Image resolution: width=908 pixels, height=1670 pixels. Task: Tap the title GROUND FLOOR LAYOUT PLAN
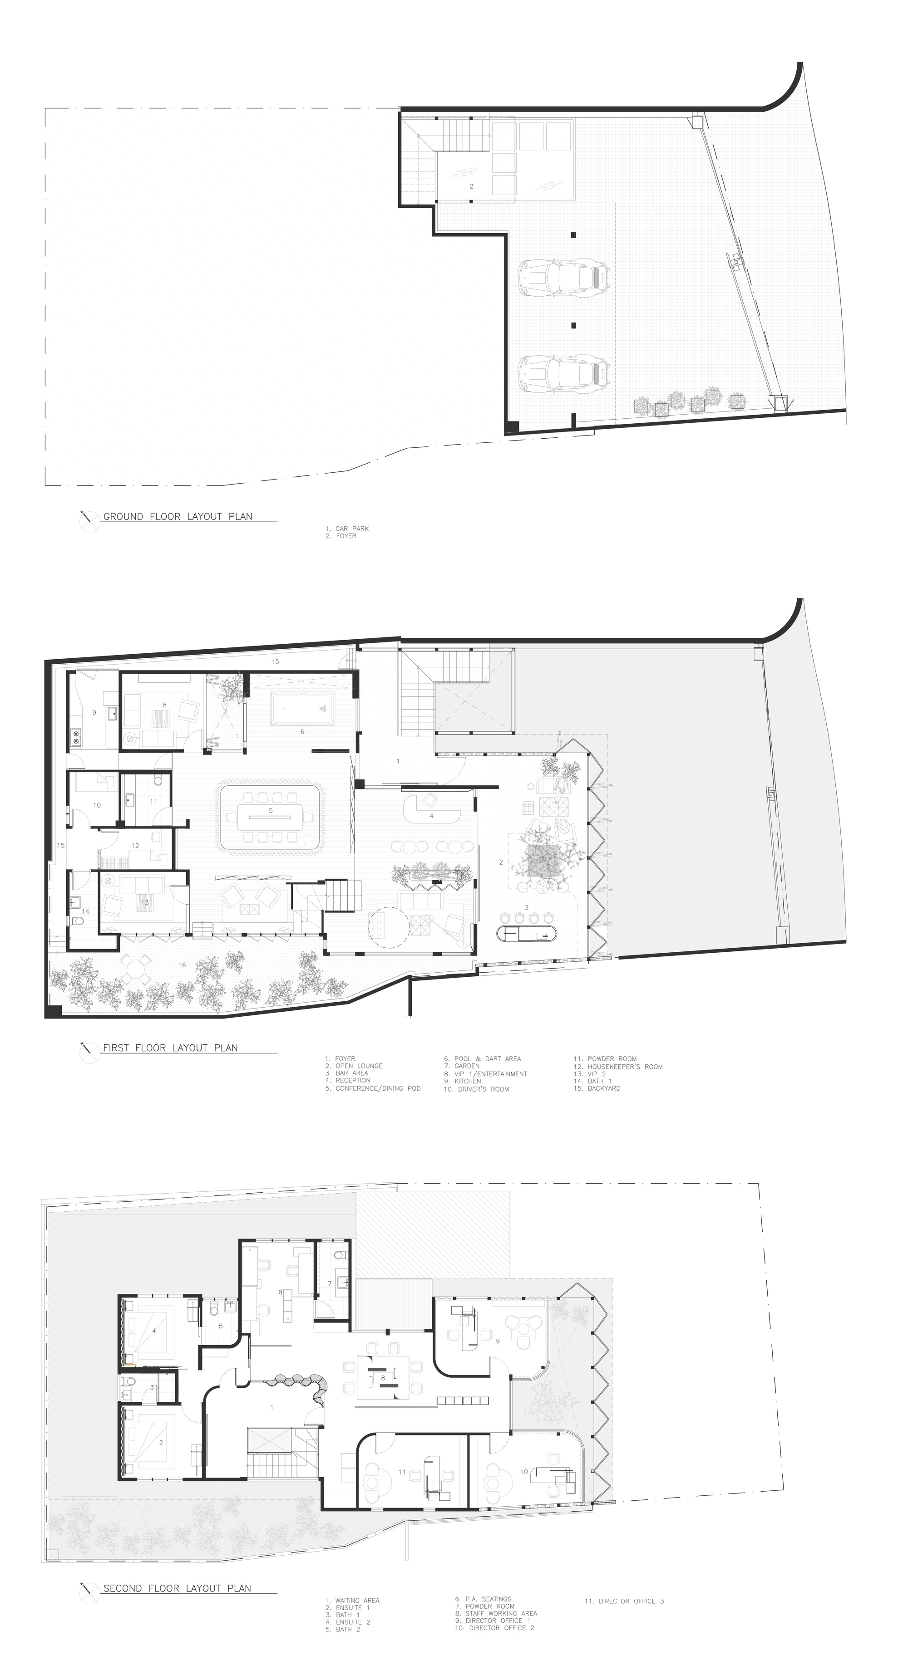178,517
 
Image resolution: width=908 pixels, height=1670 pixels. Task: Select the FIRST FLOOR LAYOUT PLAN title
170,1048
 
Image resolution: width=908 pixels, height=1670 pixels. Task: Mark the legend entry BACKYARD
604,1088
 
